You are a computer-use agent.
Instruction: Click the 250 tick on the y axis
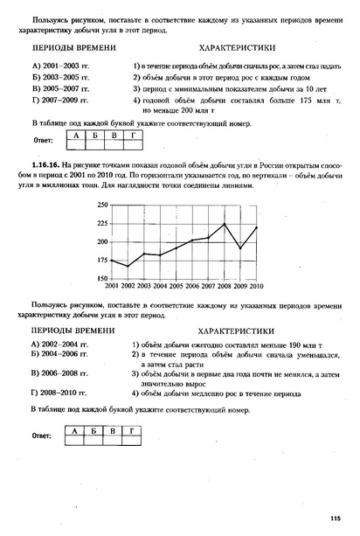coord(102,204)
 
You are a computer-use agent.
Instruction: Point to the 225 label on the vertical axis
coord(102,223)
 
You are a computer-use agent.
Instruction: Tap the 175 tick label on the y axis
coord(102,260)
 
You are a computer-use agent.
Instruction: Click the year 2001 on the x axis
coord(112,286)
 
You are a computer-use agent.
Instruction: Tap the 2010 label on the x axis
coord(257,286)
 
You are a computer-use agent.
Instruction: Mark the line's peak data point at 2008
coord(225,224)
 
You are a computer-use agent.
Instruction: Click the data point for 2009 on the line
coord(240,248)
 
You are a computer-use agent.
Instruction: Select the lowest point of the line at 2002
coord(128,266)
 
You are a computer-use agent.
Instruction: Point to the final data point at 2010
coord(257,227)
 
